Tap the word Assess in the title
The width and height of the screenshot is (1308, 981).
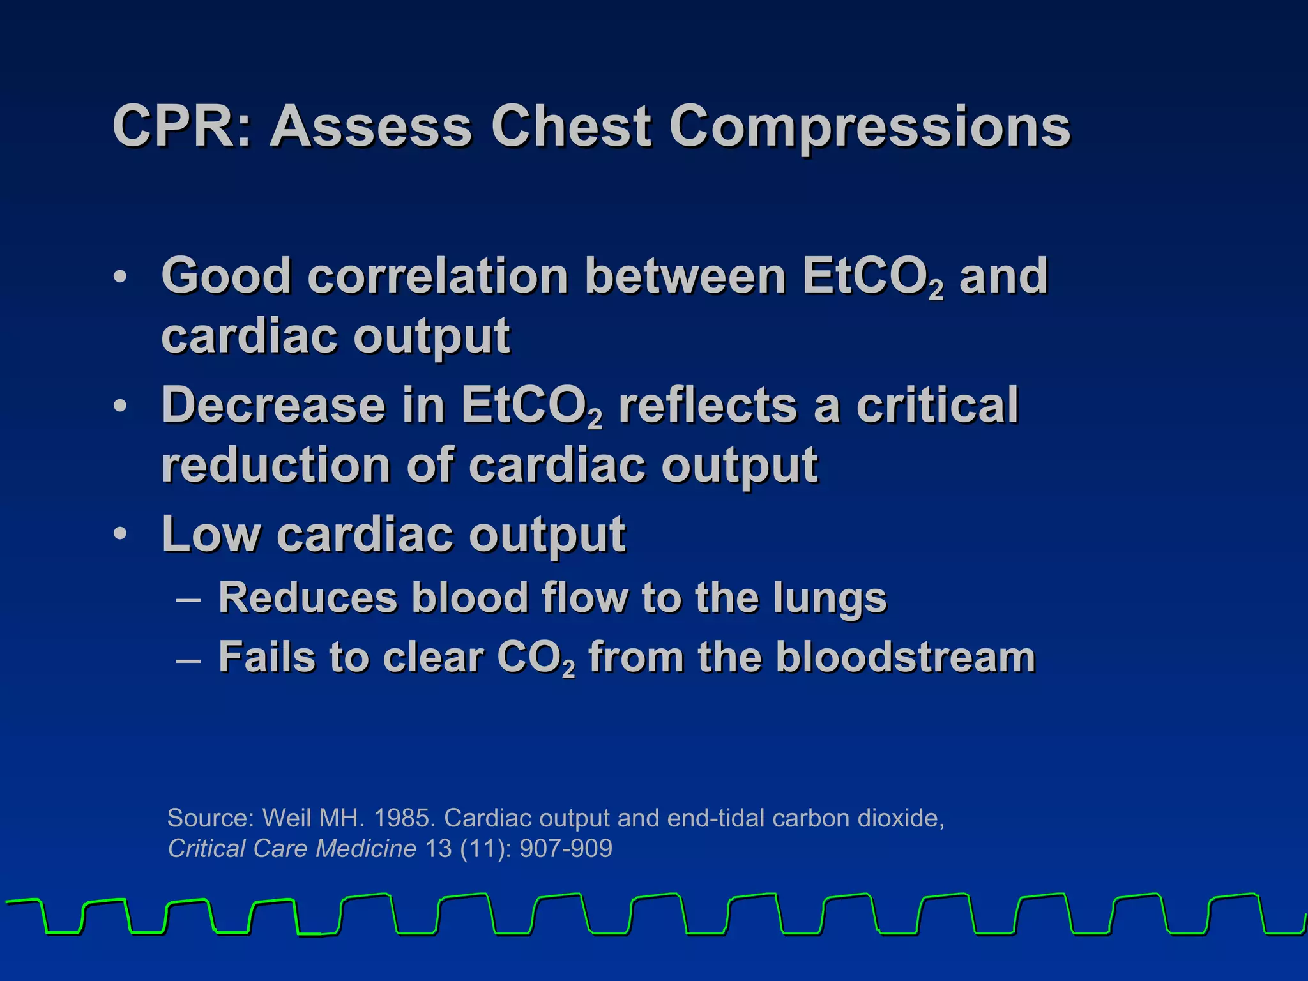click(371, 126)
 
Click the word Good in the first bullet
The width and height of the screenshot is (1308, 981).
click(227, 276)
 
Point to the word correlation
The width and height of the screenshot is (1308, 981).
click(438, 276)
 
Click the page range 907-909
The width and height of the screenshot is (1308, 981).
click(566, 849)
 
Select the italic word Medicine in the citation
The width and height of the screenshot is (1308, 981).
click(366, 849)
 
